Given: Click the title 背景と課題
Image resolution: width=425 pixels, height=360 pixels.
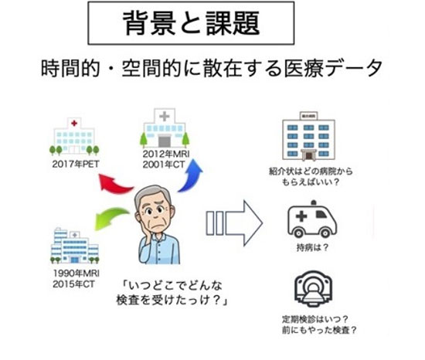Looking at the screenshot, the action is tap(192, 23).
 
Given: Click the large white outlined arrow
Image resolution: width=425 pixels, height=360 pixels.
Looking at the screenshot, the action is tap(234, 223).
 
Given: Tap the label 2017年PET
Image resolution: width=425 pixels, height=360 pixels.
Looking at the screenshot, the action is tap(76, 164).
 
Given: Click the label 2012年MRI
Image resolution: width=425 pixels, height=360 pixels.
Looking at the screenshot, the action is tap(166, 154).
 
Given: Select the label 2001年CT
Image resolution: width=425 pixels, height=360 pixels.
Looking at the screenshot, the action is tap(164, 165).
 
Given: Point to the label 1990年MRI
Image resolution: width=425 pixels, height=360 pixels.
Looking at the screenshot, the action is tap(76, 273).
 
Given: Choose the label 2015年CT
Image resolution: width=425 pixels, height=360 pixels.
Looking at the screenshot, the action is tap(73, 284).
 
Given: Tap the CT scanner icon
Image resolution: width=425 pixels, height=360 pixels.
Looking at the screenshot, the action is tap(313, 289).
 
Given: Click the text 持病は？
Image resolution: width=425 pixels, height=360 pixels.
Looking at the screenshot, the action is tap(312, 247).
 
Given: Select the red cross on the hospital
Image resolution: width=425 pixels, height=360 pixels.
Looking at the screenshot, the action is tap(74, 124).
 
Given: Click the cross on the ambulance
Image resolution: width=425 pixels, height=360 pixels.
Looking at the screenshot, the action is tap(301, 216).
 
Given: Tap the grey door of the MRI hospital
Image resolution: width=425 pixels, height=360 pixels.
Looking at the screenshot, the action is tap(164, 141).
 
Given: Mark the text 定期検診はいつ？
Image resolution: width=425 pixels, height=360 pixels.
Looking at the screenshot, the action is tap(315, 319).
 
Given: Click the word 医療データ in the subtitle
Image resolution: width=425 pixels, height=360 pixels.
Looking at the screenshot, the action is tap(333, 68).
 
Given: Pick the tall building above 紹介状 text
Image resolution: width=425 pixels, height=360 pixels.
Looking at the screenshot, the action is tap(308, 136).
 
